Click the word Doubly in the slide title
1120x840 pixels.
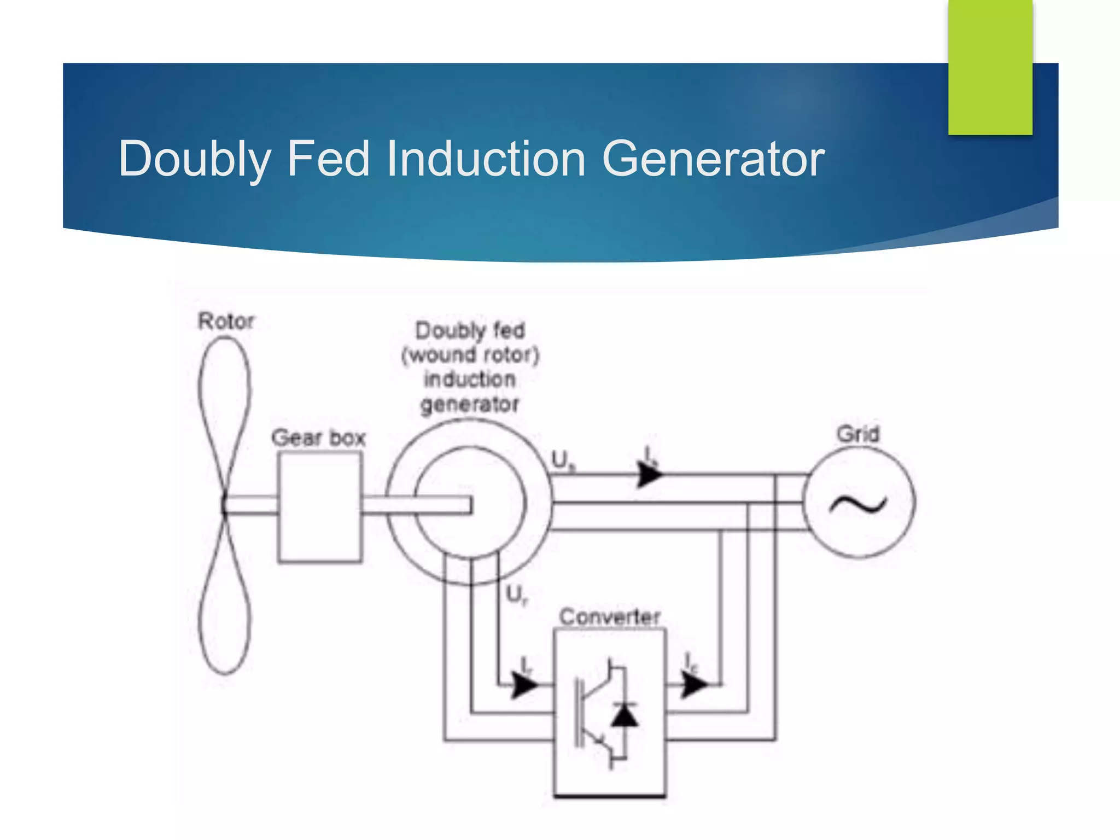195,160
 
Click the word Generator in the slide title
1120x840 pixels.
713,159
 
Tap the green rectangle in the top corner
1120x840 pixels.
990,67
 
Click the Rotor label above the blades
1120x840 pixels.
226,321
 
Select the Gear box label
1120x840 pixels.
318,438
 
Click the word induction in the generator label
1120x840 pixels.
469,379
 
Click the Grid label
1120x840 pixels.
857,434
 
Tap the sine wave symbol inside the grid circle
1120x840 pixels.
857,504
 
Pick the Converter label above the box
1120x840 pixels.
609,617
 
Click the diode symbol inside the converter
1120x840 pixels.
624,714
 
